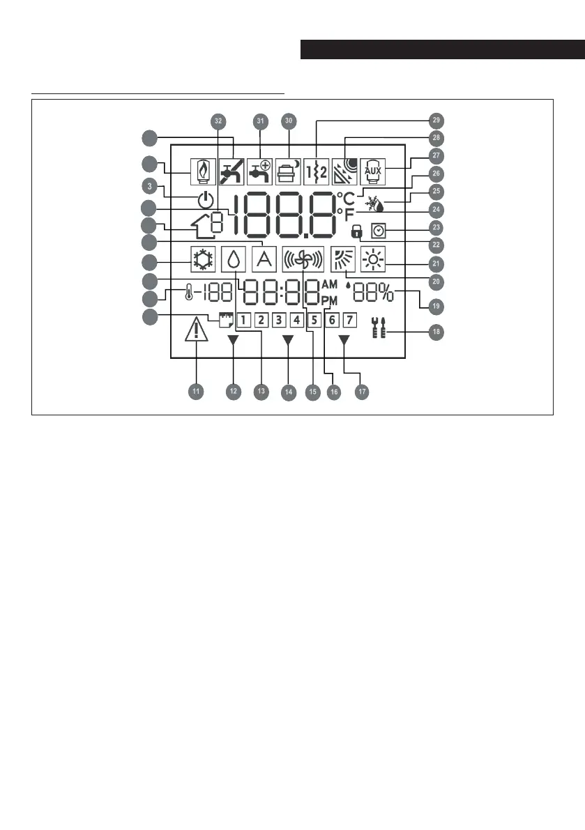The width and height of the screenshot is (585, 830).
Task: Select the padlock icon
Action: [x=358, y=228]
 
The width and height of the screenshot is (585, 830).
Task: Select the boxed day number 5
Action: [x=314, y=321]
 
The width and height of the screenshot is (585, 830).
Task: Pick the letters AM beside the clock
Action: [x=329, y=284]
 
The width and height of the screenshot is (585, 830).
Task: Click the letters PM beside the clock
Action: [x=329, y=300]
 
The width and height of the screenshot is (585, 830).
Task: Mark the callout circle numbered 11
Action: [x=197, y=392]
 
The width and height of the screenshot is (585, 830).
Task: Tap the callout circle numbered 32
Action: [x=219, y=121]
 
